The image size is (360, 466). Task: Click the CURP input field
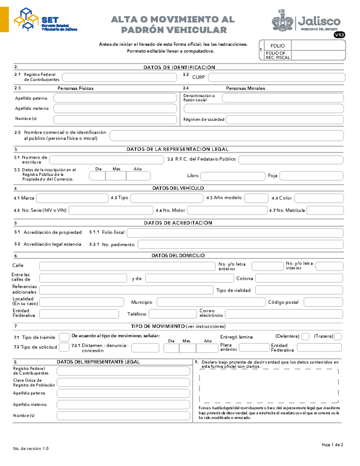[276, 77]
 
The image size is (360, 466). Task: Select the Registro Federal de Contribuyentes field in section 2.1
[119, 77]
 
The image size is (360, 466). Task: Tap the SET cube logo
[26, 20]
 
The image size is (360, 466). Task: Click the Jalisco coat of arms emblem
[282, 21]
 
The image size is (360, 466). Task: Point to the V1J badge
[339, 35]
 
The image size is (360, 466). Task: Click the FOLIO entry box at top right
[318, 46]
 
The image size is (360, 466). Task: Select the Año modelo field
[256, 198]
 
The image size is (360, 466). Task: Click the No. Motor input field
[227, 210]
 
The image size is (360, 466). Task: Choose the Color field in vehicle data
[319, 198]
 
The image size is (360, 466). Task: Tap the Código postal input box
[323, 302]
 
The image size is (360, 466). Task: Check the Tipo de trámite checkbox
[64, 337]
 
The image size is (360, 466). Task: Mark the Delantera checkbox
[305, 336]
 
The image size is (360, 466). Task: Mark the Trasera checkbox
[338, 336]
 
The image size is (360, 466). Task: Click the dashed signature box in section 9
[269, 386]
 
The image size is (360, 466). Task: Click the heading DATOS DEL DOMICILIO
[178, 256]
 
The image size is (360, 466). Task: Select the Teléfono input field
[172, 314]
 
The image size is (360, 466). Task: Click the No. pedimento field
[240, 245]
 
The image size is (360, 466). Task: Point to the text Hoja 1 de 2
[332, 445]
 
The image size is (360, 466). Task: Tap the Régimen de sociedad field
[285, 119]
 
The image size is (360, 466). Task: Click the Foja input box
[311, 176]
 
